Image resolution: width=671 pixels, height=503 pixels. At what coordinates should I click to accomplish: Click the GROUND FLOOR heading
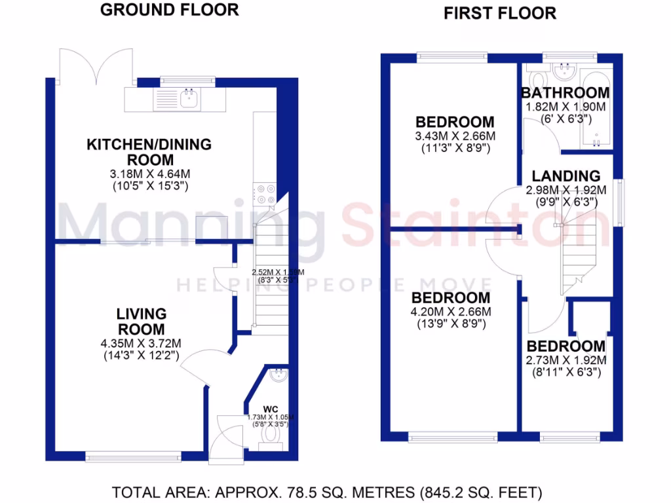pyautogui.click(x=170, y=10)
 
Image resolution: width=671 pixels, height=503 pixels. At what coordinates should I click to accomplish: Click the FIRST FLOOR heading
pyautogui.click(x=500, y=12)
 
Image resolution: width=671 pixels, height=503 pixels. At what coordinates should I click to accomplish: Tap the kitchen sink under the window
pyautogui.click(x=189, y=99)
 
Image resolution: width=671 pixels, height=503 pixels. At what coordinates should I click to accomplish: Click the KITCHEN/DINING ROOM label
pyautogui.click(x=149, y=152)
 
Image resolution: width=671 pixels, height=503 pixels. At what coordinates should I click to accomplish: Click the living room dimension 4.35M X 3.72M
pyautogui.click(x=142, y=343)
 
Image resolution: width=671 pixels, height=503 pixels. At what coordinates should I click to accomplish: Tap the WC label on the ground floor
pyautogui.click(x=271, y=409)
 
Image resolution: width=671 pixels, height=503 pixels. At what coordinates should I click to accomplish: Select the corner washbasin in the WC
pyautogui.click(x=278, y=375)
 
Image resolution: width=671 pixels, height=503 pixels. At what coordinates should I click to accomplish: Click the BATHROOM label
pyautogui.click(x=565, y=93)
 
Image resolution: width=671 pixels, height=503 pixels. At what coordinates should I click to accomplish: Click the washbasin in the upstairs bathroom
pyautogui.click(x=562, y=69)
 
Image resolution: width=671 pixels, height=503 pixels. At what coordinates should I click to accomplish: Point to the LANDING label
pyautogui.click(x=566, y=176)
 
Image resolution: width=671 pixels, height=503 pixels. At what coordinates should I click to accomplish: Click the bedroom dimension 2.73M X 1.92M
pyautogui.click(x=566, y=360)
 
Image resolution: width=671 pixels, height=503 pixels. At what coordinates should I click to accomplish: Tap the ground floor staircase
pyautogui.click(x=271, y=288)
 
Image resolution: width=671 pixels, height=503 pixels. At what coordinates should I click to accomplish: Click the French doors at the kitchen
pyautogui.click(x=96, y=65)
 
